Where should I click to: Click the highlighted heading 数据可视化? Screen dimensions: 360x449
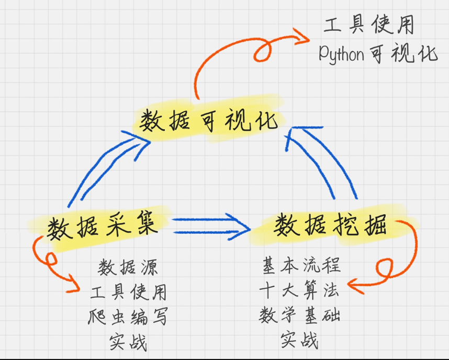pyautogui.click(x=208, y=121)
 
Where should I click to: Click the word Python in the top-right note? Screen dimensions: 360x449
pyautogui.click(x=341, y=54)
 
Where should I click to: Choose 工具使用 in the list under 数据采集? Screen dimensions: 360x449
pyautogui.click(x=128, y=292)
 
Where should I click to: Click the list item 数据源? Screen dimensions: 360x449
pyautogui.click(x=128, y=268)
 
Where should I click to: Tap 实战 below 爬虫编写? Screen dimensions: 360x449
pyautogui.click(x=128, y=342)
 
